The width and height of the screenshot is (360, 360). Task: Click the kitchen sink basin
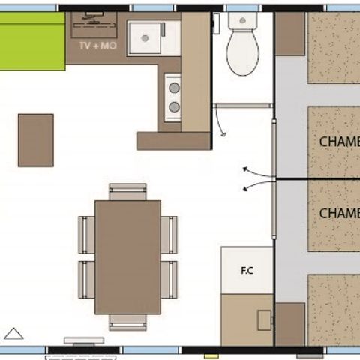[145, 37]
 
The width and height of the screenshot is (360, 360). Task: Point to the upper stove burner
[173, 88]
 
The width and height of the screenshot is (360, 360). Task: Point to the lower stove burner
[173, 107]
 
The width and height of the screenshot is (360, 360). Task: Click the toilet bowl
[242, 57]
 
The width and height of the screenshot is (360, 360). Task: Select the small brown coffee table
[36, 140]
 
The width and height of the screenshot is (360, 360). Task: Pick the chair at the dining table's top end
[127, 191]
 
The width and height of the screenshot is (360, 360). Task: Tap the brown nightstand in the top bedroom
[289, 34]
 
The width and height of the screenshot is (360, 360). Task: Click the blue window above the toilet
[242, 8]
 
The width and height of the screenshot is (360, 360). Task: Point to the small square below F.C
[264, 320]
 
